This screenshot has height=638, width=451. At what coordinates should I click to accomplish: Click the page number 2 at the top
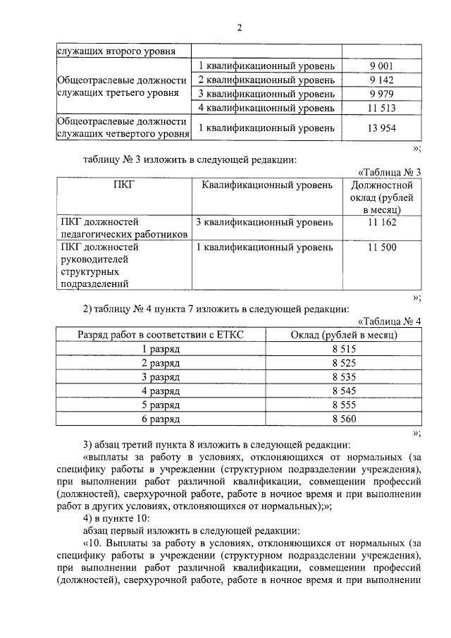pyautogui.click(x=239, y=28)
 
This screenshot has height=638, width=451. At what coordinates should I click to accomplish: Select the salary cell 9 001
pyautogui.click(x=381, y=66)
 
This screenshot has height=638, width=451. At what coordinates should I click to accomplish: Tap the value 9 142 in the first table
pyautogui.click(x=381, y=80)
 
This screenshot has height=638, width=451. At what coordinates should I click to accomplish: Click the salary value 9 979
pyautogui.click(x=381, y=94)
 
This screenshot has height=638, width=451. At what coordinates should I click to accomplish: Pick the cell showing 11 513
pyautogui.click(x=381, y=108)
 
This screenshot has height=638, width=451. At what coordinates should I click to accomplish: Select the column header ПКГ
pyautogui.click(x=123, y=185)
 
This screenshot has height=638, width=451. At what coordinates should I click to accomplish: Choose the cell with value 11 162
pyautogui.click(x=381, y=223)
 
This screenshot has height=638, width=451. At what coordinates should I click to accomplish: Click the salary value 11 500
pyautogui.click(x=381, y=247)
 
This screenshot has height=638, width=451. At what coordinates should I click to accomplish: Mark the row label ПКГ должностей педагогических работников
pyautogui.click(x=123, y=228)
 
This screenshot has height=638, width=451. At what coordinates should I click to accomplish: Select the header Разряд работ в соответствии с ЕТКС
pyautogui.click(x=160, y=335)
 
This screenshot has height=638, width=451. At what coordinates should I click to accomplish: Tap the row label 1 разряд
pyautogui.click(x=160, y=349)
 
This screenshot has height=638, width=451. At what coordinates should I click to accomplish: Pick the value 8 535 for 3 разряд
pyautogui.click(x=345, y=377)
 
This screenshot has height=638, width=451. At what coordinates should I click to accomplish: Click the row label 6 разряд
pyautogui.click(x=160, y=419)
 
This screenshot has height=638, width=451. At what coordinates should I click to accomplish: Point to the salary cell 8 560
pyautogui.click(x=345, y=419)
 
